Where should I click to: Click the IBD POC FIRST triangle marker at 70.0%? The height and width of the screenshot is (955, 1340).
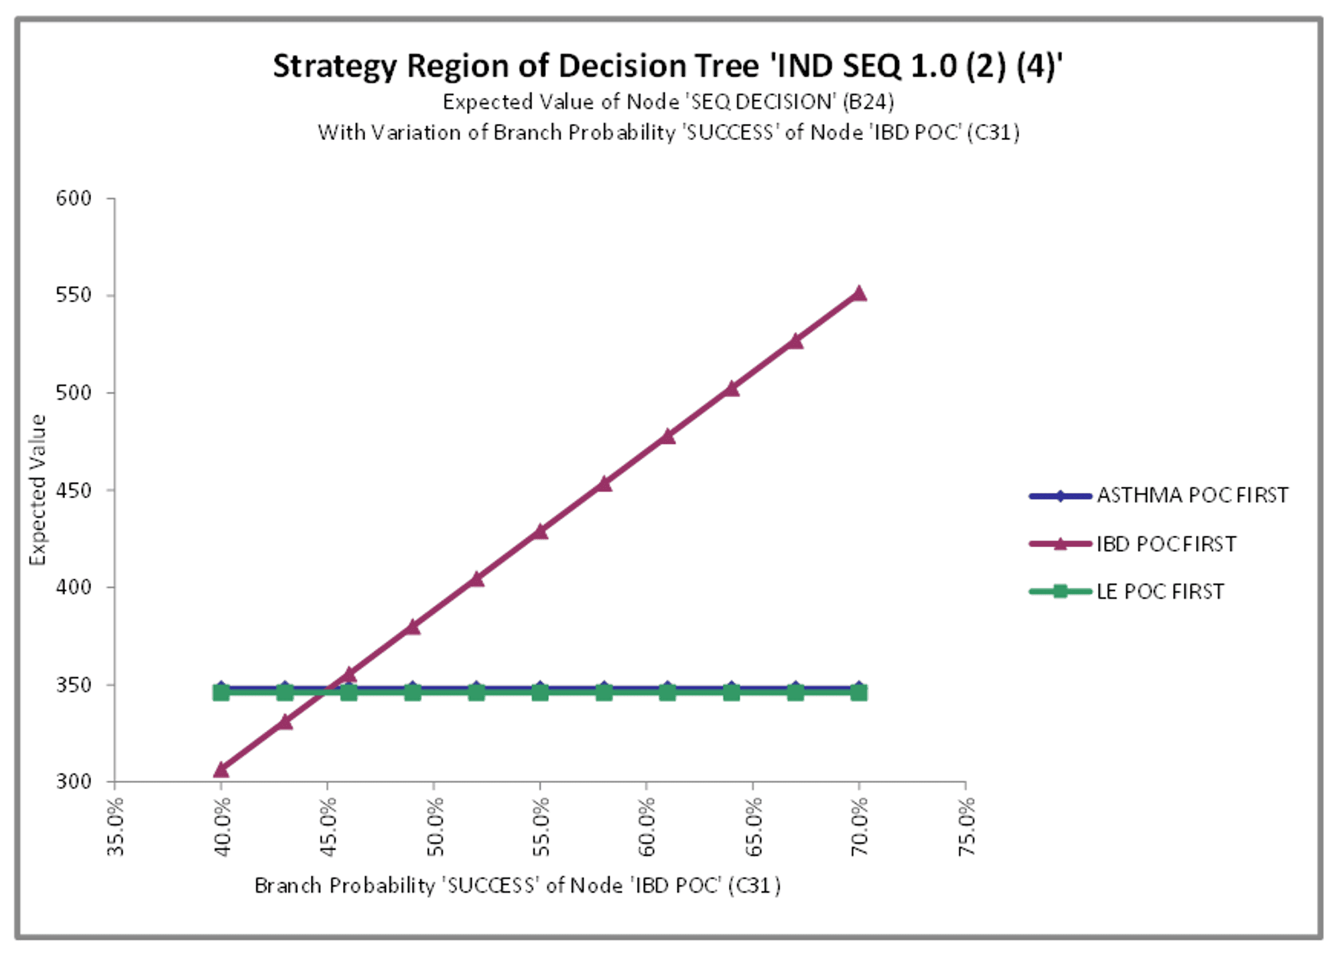(x=859, y=293)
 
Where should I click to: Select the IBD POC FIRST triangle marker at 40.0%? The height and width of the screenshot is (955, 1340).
(x=221, y=769)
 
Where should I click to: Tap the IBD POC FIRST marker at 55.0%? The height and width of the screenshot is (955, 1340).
(x=540, y=532)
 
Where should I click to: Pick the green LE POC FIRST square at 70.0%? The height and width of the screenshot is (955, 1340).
(x=859, y=692)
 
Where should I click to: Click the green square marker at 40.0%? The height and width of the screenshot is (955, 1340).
(x=221, y=692)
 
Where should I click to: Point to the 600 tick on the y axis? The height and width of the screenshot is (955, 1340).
(x=74, y=198)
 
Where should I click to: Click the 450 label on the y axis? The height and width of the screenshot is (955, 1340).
(x=74, y=490)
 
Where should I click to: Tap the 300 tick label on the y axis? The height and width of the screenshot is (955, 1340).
(x=74, y=782)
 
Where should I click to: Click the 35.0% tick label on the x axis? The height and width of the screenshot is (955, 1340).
(x=116, y=826)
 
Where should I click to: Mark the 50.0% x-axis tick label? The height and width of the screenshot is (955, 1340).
(x=435, y=826)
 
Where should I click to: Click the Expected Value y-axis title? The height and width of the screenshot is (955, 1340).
(x=38, y=490)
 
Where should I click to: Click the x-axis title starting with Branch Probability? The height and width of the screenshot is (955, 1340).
(x=517, y=886)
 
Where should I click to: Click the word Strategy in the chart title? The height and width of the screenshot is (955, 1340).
(x=334, y=66)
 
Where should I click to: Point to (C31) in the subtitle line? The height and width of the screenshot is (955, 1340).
(x=996, y=133)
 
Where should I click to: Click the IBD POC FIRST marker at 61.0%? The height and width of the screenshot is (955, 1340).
(x=667, y=437)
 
